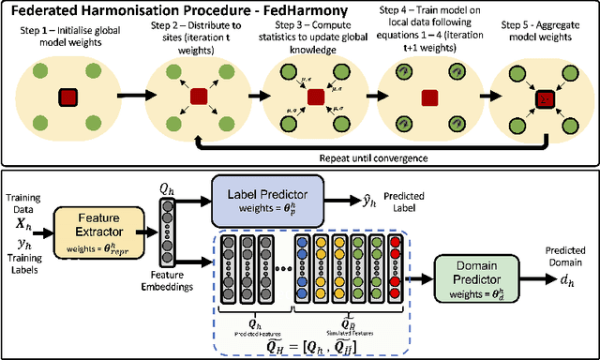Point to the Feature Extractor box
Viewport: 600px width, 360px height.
coord(98,226)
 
